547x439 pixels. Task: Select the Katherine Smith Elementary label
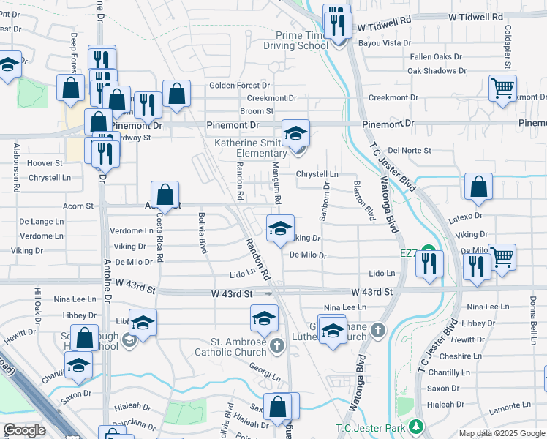[250, 149]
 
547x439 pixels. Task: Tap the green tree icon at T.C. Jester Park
[416, 426]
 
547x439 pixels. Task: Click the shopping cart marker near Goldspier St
[503, 89]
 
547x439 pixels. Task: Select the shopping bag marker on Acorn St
[166, 195]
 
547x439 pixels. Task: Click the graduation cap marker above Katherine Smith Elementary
[295, 134]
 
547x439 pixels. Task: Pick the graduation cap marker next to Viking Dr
[279, 229]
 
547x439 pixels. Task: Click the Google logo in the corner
[24, 430]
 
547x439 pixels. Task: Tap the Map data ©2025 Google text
[501, 433]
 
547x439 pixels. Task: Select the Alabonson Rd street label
[15, 168]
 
